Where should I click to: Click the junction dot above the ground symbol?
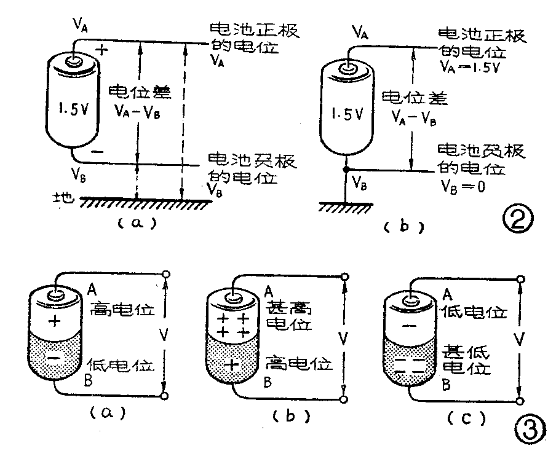[x=347, y=169]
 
